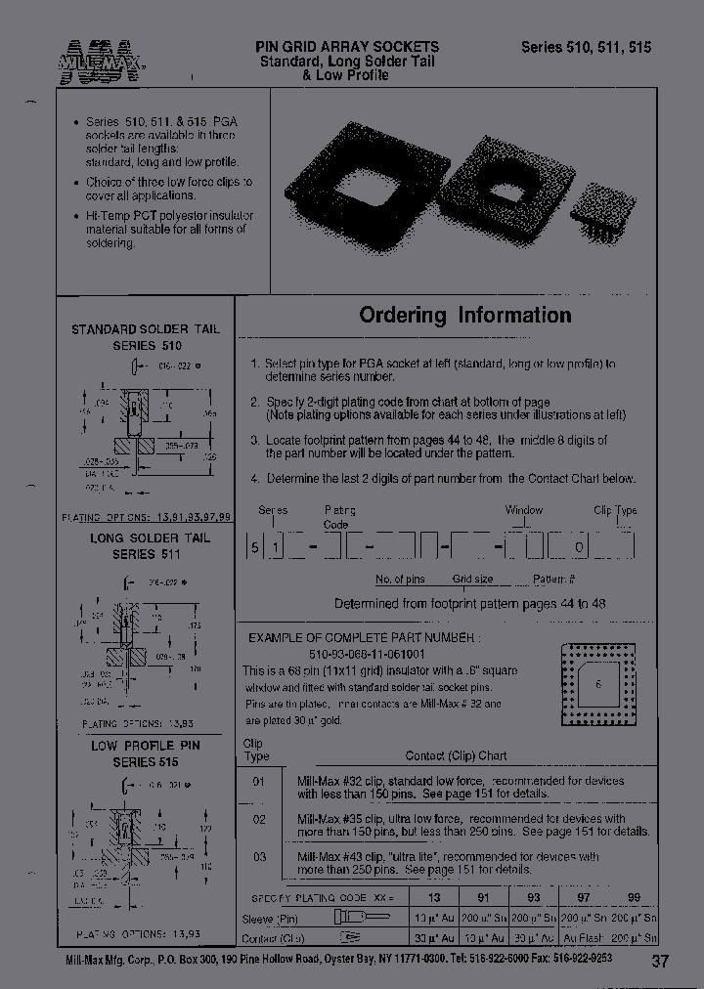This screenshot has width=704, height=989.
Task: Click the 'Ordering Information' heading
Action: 464,315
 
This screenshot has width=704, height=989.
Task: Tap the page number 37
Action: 660,961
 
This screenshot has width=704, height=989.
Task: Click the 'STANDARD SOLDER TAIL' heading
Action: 146,329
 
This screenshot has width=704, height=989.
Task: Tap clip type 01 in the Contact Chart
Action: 259,781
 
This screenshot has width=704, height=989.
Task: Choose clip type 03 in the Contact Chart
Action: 259,856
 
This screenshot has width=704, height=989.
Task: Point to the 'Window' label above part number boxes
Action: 524,510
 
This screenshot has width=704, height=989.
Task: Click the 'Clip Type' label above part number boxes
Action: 614,510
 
